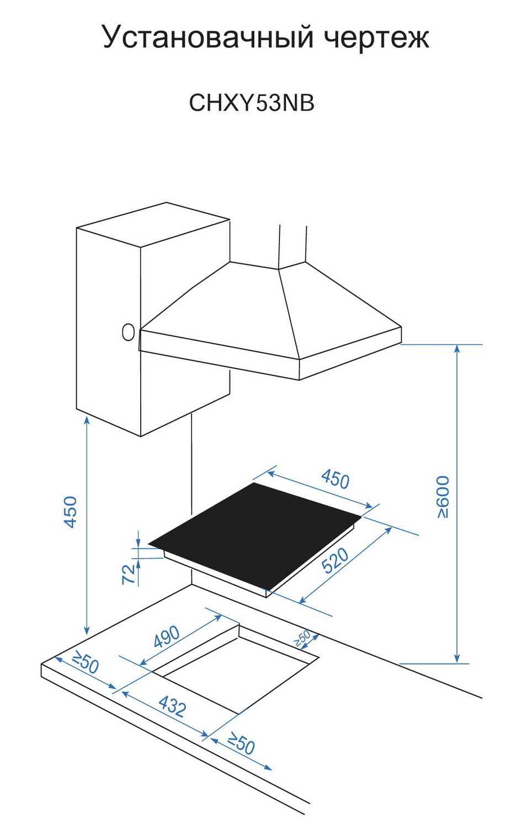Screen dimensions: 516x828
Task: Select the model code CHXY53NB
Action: (x=252, y=103)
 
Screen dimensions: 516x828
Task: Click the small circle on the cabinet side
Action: (x=128, y=332)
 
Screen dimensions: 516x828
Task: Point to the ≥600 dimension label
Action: (x=443, y=497)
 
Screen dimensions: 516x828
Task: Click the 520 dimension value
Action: (x=335, y=560)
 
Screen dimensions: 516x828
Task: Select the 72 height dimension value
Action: (x=129, y=574)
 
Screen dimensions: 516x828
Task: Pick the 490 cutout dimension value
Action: (x=166, y=636)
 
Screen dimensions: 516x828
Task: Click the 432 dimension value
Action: (x=172, y=705)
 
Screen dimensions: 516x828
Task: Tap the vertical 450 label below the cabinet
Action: (x=71, y=512)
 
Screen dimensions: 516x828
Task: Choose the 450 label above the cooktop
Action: (x=336, y=479)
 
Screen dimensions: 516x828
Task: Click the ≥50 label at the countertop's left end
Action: (x=85, y=662)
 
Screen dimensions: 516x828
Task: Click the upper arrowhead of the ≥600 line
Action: (x=457, y=348)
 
